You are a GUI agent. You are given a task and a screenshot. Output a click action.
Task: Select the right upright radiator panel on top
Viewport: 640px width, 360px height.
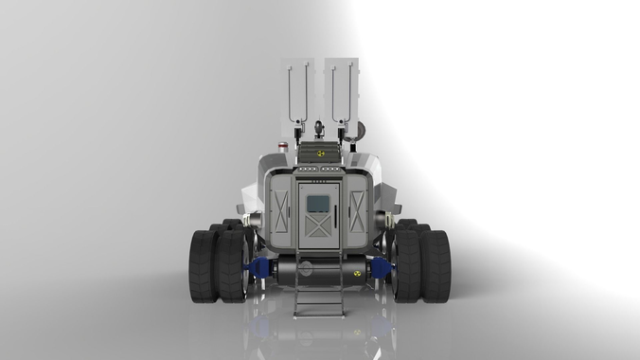coord(341,90)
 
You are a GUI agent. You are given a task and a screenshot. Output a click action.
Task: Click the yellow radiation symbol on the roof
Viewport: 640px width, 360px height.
coord(320,152)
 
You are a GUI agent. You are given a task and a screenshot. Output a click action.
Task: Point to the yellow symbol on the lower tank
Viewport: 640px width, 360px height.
coord(357,273)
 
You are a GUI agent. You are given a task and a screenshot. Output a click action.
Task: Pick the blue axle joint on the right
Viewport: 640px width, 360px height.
coord(382,269)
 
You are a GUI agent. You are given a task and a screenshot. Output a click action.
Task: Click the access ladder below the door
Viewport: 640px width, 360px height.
coord(319,284)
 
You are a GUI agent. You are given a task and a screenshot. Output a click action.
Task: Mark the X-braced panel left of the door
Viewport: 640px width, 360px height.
coord(280,211)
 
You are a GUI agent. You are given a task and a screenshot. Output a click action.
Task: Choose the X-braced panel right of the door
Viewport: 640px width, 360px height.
coord(357,211)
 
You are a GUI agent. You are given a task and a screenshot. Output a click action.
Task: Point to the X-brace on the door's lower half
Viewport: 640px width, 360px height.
coord(319,225)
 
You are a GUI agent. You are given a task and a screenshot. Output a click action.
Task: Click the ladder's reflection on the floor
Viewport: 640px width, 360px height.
coord(319,332)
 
